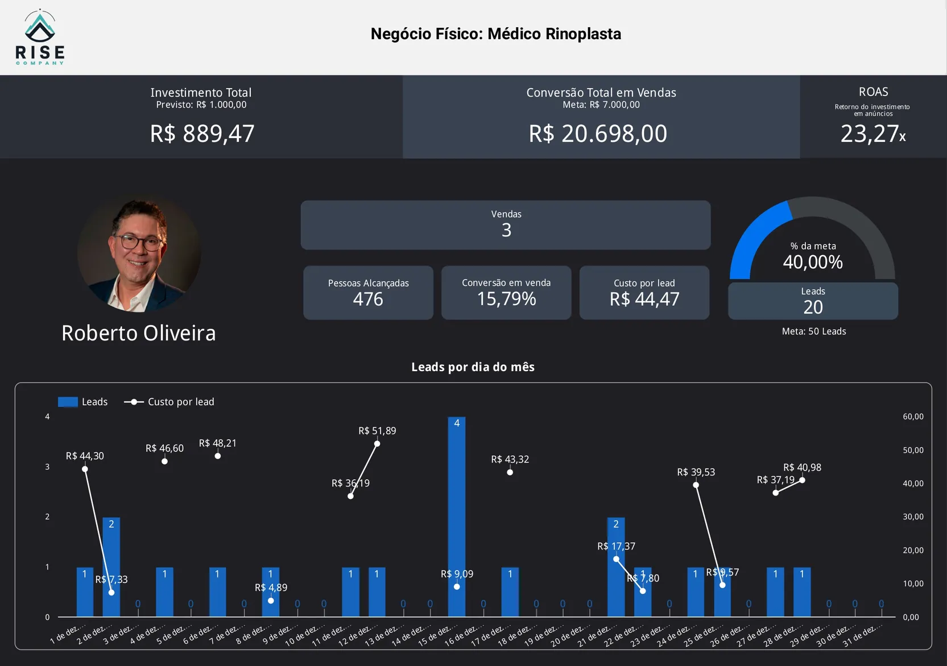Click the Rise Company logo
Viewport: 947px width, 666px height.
[x=40, y=38]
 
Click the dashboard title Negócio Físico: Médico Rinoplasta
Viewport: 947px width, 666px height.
[x=495, y=34]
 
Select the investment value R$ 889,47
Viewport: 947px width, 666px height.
[x=202, y=134]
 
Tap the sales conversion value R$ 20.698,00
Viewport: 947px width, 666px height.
[x=598, y=134]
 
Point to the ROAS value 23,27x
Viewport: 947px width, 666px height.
[x=872, y=134]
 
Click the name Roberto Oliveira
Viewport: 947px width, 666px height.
[x=139, y=333]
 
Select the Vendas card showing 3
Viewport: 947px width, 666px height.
[x=506, y=225]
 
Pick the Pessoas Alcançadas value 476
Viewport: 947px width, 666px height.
[x=368, y=299]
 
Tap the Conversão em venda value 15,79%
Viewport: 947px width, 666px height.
[x=506, y=299]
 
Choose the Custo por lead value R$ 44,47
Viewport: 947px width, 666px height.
[x=644, y=299]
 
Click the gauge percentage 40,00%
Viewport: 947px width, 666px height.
[x=813, y=262]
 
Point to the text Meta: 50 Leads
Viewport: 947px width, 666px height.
[x=813, y=331]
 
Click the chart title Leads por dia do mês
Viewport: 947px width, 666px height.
[x=473, y=367]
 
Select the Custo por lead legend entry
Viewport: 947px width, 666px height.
[x=169, y=402]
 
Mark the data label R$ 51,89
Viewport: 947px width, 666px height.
[x=377, y=431]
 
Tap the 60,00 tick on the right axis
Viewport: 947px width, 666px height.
[x=913, y=417]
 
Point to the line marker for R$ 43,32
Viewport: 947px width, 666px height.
[x=510, y=472]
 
